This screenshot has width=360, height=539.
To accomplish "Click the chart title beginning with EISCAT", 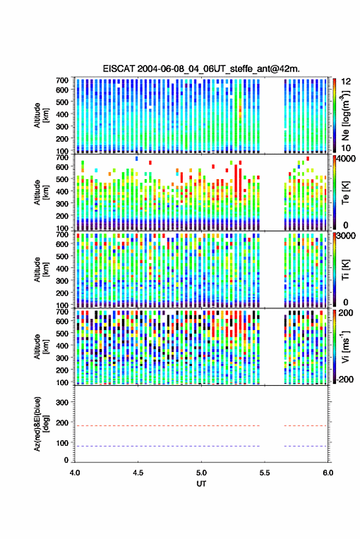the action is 201,69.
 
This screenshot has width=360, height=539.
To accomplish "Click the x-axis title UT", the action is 201,484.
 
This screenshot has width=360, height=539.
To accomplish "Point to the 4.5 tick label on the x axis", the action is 138,473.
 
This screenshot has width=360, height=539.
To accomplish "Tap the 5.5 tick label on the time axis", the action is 264,473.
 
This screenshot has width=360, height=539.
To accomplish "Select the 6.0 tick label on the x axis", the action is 327,473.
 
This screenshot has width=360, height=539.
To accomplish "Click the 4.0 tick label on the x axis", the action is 75,473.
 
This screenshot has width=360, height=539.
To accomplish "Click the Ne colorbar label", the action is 345,115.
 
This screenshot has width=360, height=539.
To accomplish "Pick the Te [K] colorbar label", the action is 345,193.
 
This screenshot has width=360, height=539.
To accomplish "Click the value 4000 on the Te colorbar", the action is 347,159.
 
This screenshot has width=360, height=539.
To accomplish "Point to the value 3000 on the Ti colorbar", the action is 347,236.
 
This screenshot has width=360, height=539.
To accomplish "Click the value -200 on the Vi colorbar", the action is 345,379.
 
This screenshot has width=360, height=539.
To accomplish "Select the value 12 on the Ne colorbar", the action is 346,82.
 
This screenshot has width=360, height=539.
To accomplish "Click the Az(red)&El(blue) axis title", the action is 40,424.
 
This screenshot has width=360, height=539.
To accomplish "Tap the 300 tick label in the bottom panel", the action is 62,402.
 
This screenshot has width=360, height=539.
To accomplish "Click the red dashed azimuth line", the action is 201,426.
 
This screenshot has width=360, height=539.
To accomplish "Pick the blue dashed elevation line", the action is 201,446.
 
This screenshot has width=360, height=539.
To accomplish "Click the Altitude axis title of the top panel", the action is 41,115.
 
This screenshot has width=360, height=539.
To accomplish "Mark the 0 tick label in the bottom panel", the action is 66,460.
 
